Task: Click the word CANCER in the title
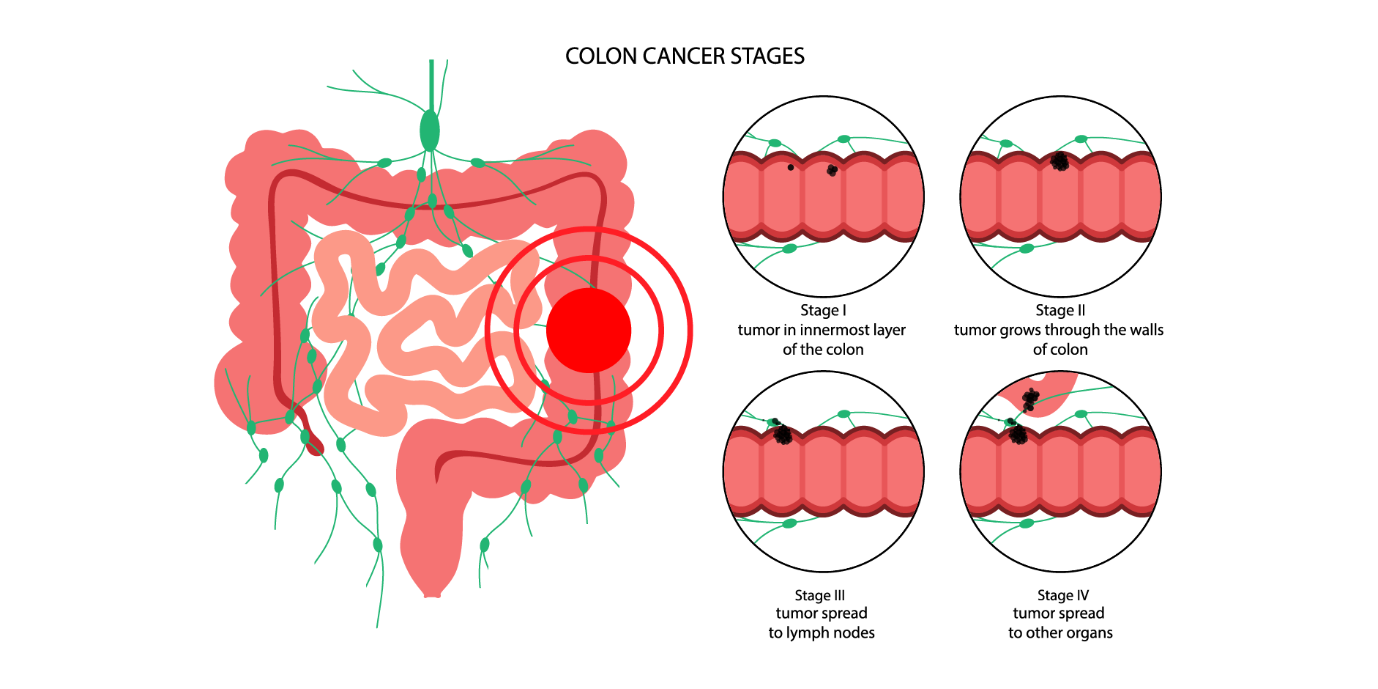(x=685, y=56)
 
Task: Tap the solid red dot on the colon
(x=589, y=330)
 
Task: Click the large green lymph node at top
(x=430, y=131)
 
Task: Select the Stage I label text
(x=823, y=311)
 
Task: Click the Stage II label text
(x=1060, y=311)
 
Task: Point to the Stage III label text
(x=819, y=595)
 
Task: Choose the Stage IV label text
(x=1062, y=595)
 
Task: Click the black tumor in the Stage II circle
(x=1059, y=161)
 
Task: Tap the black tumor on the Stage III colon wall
(x=783, y=435)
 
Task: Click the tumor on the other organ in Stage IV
(x=1030, y=399)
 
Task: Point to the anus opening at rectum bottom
(x=432, y=594)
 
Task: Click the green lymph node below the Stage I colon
(x=789, y=249)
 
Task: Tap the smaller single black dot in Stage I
(x=791, y=168)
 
